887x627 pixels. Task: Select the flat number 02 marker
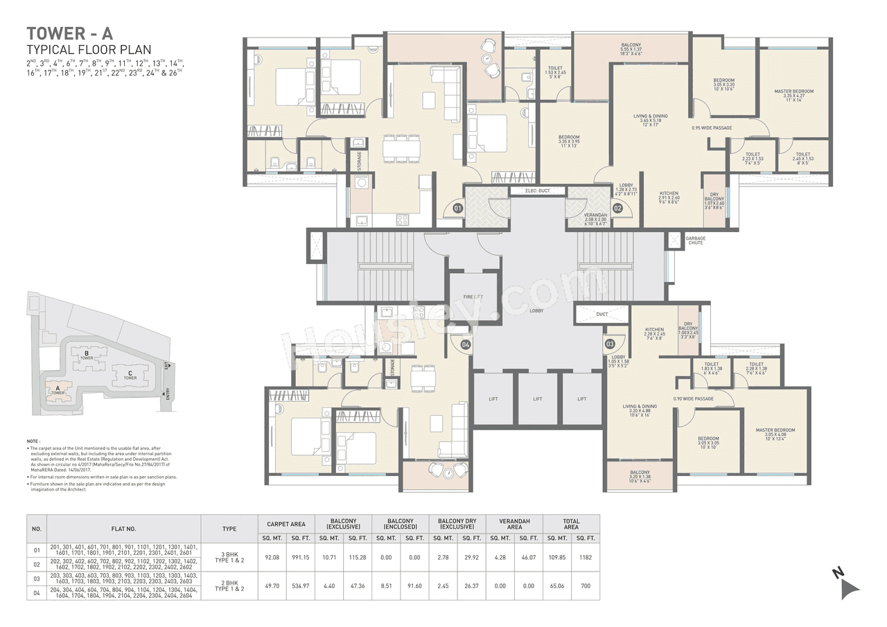(617, 207)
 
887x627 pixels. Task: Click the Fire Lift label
(473, 297)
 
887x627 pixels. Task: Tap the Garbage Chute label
(695, 240)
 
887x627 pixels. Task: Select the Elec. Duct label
(538, 191)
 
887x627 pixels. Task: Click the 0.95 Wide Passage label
(712, 127)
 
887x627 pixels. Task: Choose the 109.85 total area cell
(556, 556)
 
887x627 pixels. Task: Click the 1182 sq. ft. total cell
(586, 556)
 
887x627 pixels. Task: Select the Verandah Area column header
(514, 524)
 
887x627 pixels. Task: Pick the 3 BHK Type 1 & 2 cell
(229, 556)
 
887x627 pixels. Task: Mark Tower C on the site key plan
(130, 376)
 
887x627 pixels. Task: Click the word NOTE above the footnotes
(33, 441)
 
